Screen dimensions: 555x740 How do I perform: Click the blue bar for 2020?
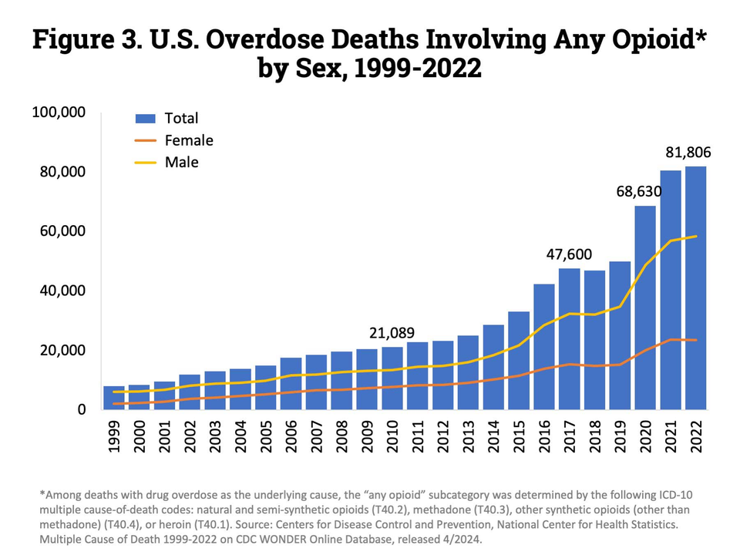pyautogui.click(x=645, y=308)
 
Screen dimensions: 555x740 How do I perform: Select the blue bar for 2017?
pyautogui.click(x=570, y=339)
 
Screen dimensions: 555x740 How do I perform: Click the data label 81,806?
pyautogui.click(x=688, y=153)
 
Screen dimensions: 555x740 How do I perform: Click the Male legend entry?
pyautogui.click(x=181, y=162)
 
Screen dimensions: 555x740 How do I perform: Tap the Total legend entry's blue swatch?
pyautogui.click(x=146, y=118)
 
